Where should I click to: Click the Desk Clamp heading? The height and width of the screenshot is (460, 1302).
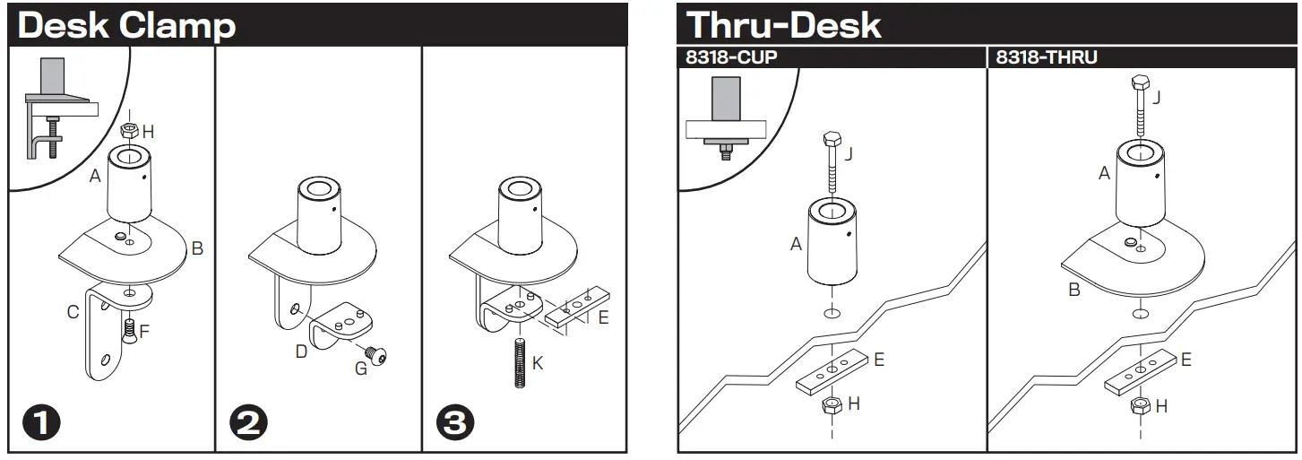[x=126, y=25]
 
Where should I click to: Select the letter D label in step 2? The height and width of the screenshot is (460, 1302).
[x=301, y=352]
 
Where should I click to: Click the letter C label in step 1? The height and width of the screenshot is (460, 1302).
[x=73, y=312]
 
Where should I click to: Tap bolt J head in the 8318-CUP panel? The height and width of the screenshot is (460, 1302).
[x=829, y=141]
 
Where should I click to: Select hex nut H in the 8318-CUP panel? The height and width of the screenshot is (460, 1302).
[x=831, y=405]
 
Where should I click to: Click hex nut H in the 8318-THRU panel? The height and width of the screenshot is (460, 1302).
[x=1140, y=406]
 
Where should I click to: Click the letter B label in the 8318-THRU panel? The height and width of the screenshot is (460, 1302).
[x=1074, y=290]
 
